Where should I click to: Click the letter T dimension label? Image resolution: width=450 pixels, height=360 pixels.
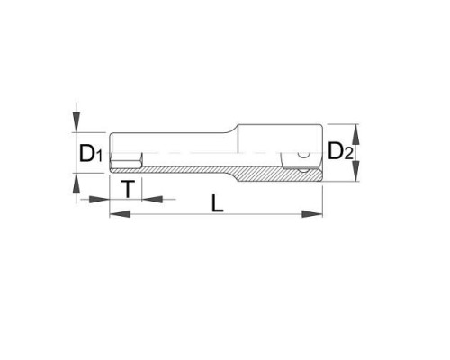coord(128,189)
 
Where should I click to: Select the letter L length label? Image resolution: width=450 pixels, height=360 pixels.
coord(218,203)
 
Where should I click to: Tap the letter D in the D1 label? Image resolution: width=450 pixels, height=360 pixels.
coord(86,153)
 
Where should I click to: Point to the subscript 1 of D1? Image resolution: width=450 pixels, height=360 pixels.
coord(99,156)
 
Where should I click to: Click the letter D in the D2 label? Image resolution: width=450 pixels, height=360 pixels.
coord(336,150)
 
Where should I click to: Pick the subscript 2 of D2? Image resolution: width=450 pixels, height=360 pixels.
coord(348,153)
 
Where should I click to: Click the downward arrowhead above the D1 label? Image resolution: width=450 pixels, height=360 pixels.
coord(76,121)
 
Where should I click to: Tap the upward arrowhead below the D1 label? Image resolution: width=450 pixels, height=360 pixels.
coord(76,183)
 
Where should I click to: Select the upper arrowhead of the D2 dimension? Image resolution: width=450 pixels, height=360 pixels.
coord(355,134)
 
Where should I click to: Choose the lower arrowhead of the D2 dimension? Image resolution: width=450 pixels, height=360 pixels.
coord(355,171)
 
